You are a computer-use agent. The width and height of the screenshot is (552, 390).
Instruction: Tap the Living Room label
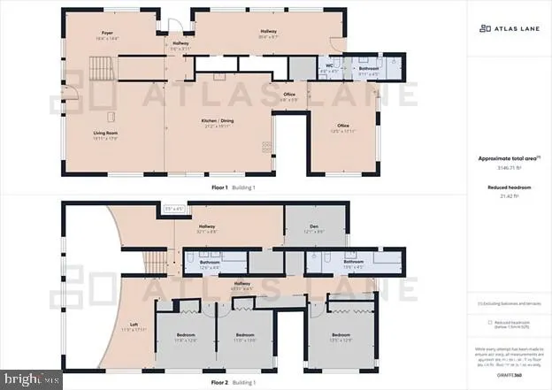107,134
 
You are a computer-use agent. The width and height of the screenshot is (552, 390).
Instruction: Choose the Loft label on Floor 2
134,325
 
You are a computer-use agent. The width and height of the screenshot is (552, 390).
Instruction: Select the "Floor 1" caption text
220,188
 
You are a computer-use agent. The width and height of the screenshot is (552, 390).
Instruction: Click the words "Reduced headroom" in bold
509,187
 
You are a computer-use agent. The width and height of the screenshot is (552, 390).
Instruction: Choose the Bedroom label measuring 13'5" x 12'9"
341,336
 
